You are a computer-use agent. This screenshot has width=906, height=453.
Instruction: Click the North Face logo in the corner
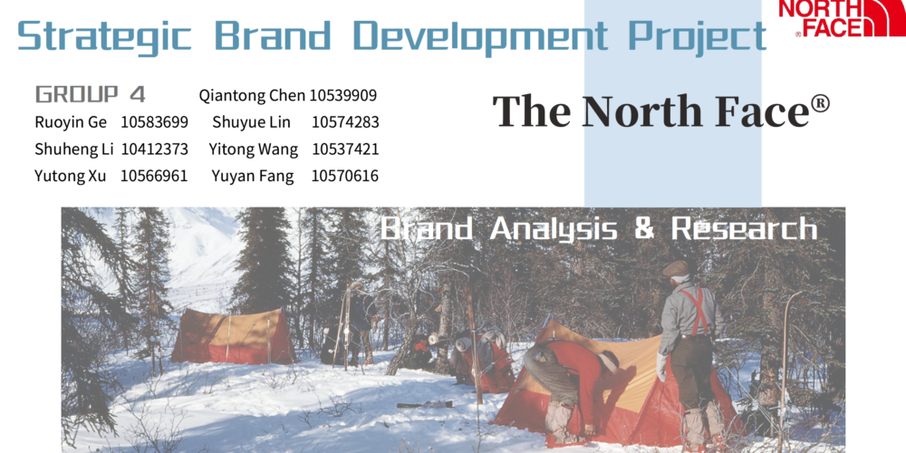pos(842,18)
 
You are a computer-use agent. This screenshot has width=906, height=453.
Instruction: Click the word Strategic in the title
pos(104,36)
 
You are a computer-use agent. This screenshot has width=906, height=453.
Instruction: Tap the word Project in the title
pos(697,36)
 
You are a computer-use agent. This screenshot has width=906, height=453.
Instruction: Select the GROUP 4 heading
pos(90,94)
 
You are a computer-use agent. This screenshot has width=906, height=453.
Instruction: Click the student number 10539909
pos(343,95)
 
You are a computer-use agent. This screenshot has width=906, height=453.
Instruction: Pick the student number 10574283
pos(345,122)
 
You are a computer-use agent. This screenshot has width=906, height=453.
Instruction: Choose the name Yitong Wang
pos(253,149)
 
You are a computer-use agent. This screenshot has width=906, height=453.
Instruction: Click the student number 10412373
pos(154,149)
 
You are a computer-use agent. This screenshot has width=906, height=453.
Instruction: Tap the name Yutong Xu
pos(71,177)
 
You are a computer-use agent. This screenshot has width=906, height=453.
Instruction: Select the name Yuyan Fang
pos(253,177)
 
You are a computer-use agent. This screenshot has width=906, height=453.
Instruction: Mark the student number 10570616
pos(345,177)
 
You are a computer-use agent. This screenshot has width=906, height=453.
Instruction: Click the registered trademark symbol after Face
pos(820,104)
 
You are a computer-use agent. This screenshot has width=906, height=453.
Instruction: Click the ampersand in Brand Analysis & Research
pos(644,229)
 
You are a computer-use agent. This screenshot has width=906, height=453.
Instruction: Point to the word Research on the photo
pos(744,229)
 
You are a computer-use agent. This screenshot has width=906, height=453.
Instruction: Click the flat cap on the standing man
pos(676,269)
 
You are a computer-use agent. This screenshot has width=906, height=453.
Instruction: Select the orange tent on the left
pos(232,336)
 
